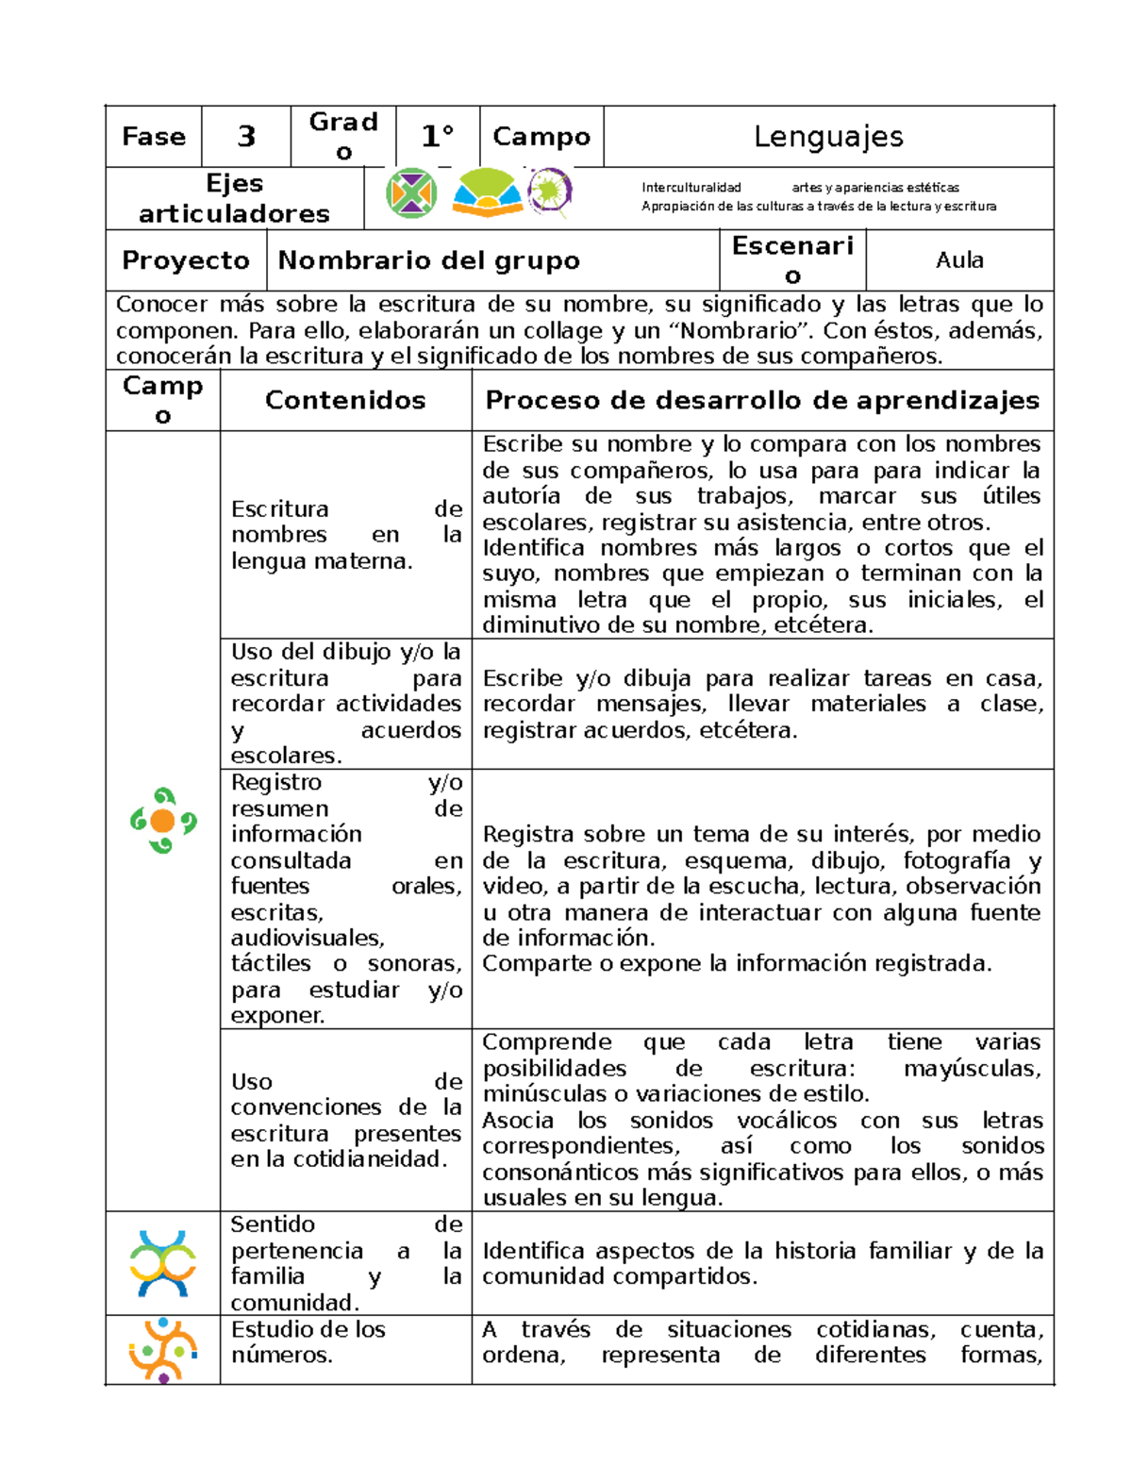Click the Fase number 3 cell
pos(245,137)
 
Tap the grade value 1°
pos(438,137)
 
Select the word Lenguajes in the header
pos(828,137)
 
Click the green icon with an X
pos(411,193)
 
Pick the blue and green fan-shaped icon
pos(487,193)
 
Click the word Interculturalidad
pos(691,188)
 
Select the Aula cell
pos(959,260)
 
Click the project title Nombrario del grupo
pos(429,260)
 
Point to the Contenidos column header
pos(345,400)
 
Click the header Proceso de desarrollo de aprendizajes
pos(762,400)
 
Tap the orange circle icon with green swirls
pos(163,821)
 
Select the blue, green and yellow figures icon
pos(163,1262)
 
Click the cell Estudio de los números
pos(308,1341)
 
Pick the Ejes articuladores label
pos(234,198)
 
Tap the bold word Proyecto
pos(186,260)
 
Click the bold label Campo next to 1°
pos(541,137)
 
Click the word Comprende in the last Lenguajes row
pos(546,1042)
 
